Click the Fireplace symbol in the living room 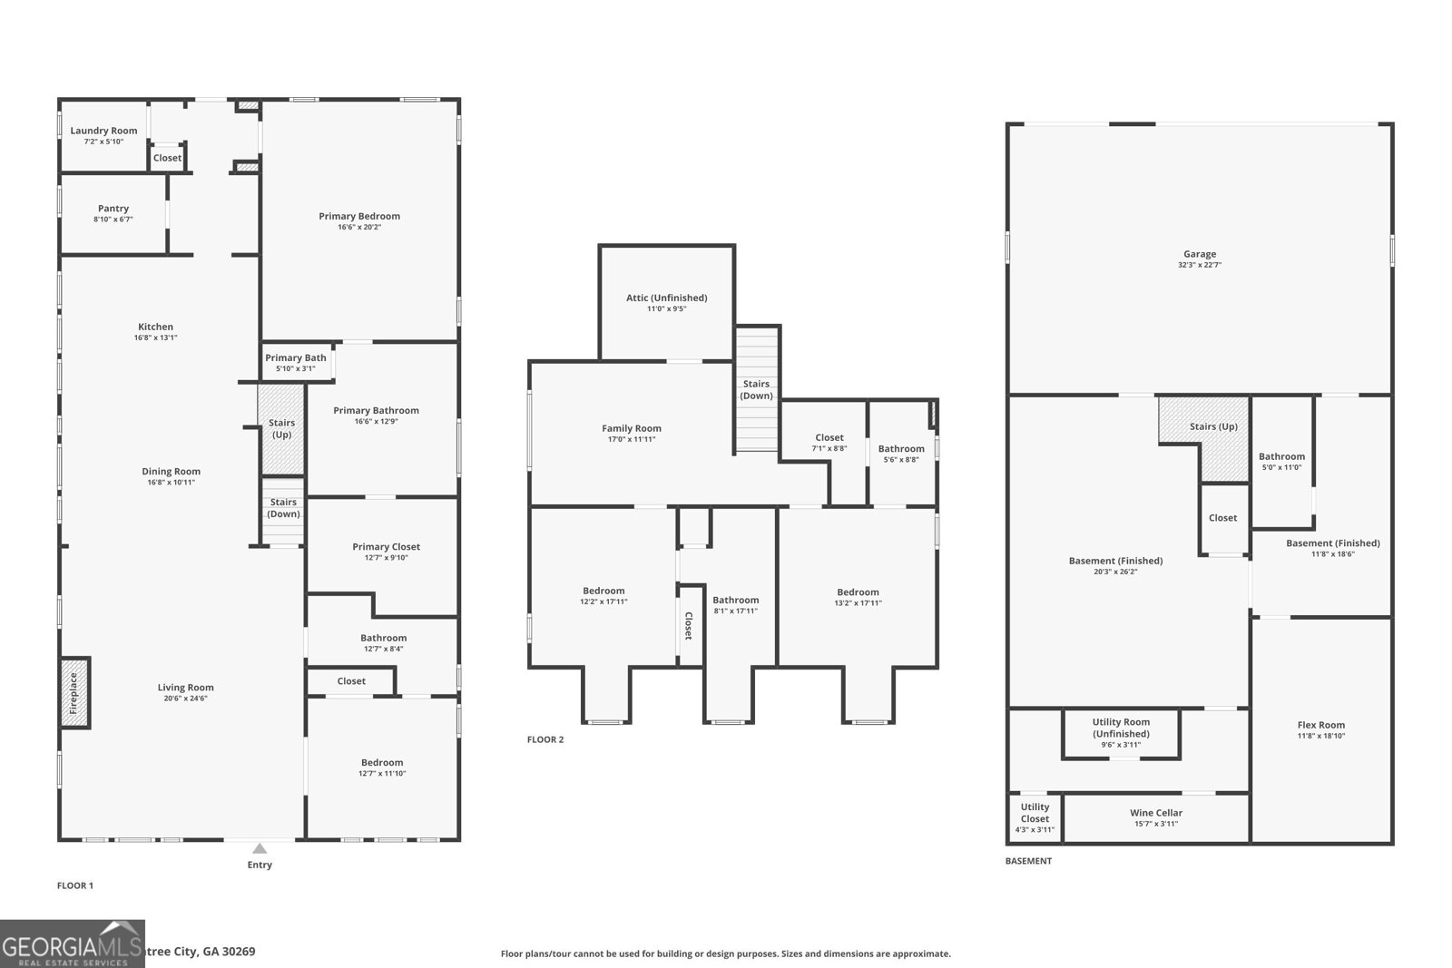tap(74, 692)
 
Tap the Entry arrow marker tap(260, 849)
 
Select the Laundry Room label tap(103, 131)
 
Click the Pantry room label tap(113, 209)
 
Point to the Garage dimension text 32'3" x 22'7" tap(1199, 266)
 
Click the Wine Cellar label tap(1155, 813)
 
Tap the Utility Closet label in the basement tap(1035, 812)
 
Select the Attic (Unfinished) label tap(666, 298)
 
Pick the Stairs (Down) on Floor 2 tap(757, 390)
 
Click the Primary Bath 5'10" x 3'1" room tap(296, 362)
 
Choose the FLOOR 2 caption tap(545, 739)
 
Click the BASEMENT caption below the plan tap(1028, 861)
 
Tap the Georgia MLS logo tap(72, 944)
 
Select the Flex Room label tap(1320, 725)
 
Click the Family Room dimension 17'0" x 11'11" tap(632, 440)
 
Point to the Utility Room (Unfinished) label tap(1121, 728)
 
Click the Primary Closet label tap(386, 547)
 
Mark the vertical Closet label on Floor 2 tap(689, 626)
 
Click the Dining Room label tap(171, 472)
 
